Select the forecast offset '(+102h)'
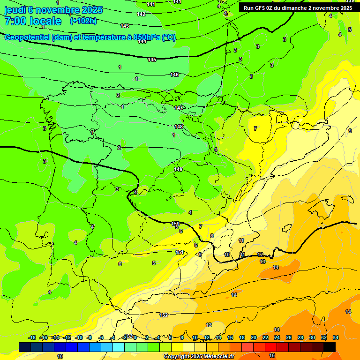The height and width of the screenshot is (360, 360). (83, 21)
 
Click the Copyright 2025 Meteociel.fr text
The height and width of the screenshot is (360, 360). (199, 357)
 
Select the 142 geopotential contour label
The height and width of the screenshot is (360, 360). (141, 14)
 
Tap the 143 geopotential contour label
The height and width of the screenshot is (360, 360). (125, 26)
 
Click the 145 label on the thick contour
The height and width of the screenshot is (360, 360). (152, 60)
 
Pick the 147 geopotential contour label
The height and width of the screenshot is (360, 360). (179, 108)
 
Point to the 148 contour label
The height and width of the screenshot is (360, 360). (179, 127)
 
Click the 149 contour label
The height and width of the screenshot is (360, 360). (178, 169)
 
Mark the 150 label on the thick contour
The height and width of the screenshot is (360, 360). (175, 224)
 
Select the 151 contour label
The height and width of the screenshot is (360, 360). (180, 252)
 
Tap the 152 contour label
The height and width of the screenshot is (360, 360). (164, 315)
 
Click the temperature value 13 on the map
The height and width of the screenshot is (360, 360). (262, 262)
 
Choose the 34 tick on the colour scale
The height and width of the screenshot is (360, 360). (336, 337)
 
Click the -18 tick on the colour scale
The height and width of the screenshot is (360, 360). (32, 337)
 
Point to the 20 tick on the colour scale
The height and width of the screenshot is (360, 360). (254, 337)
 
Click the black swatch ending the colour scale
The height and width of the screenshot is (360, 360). (330, 347)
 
